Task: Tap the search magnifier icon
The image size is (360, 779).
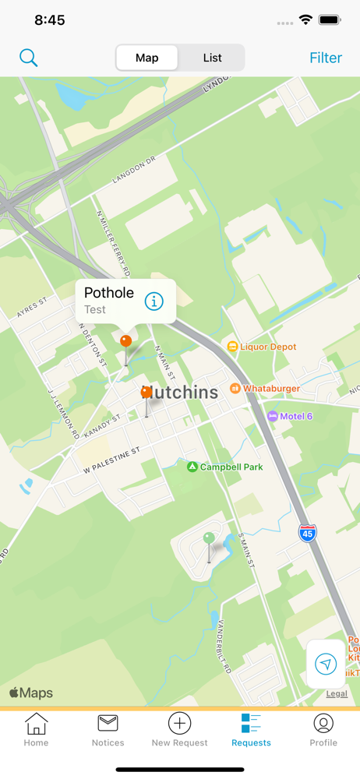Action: click(x=29, y=58)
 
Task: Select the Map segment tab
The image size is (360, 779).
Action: click(x=147, y=58)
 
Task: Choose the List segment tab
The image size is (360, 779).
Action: click(x=212, y=58)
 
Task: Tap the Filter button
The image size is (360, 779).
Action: click(x=326, y=58)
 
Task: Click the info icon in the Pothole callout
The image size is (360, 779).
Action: click(x=154, y=301)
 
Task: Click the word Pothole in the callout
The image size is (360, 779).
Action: click(x=109, y=293)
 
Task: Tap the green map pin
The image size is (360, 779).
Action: click(x=209, y=538)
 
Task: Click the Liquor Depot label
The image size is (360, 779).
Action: click(x=267, y=347)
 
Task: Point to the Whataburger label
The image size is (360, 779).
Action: click(x=271, y=388)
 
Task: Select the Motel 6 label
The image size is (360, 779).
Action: click(x=295, y=416)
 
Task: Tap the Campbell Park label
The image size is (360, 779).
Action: click(x=231, y=467)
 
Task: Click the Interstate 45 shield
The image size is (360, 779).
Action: click(x=308, y=534)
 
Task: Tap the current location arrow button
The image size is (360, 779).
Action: click(x=326, y=664)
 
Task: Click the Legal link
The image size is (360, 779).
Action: click(x=337, y=693)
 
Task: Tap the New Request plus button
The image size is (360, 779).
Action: click(x=179, y=724)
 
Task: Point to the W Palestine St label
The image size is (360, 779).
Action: click(x=111, y=461)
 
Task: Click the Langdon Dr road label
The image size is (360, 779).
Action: click(x=135, y=169)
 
